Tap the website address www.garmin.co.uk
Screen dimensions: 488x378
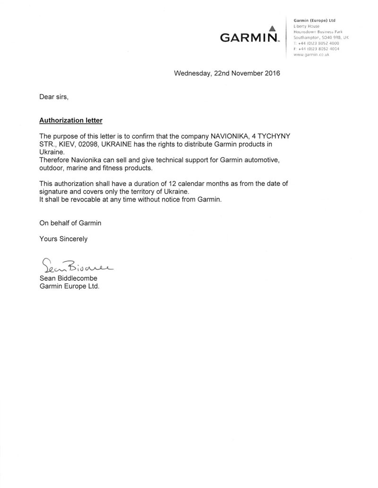311,55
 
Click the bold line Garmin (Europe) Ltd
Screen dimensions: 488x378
314,21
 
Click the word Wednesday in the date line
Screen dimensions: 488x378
192,74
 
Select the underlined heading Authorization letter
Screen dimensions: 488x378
70,120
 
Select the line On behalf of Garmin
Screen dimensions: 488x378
70,223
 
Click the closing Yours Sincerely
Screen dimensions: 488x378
63,239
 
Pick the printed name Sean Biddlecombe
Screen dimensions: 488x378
69,278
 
